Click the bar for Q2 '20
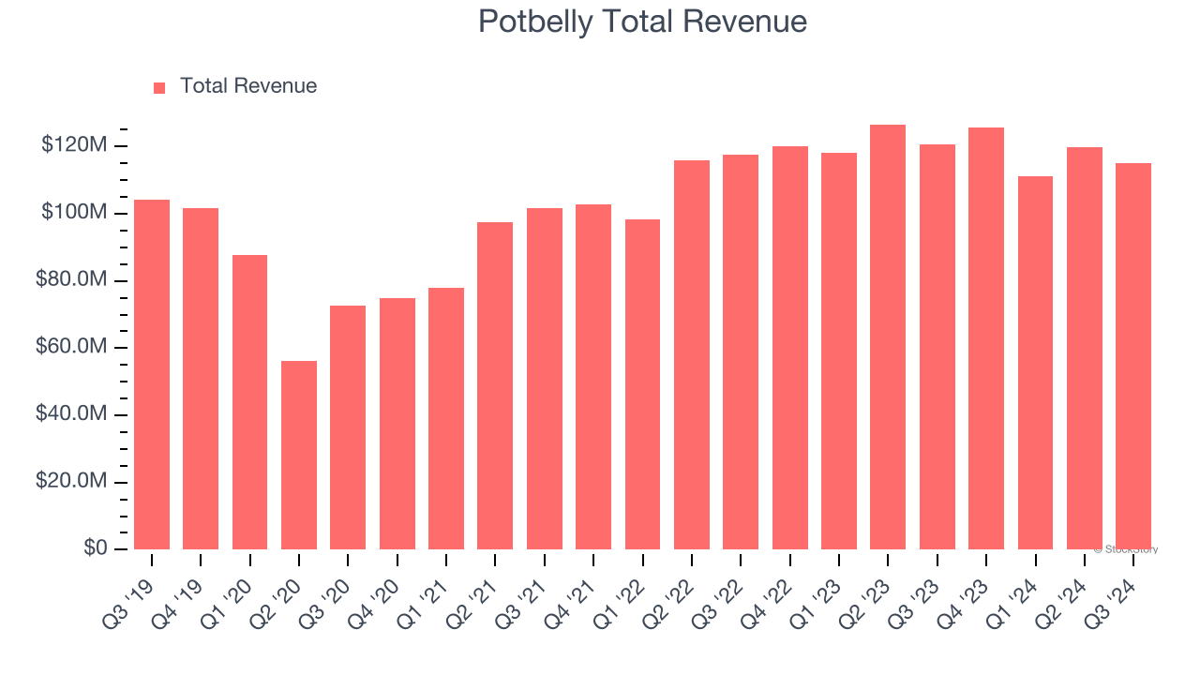pyautogui.click(x=299, y=455)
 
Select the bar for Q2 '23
pyautogui.click(x=888, y=337)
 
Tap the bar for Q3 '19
pyautogui.click(x=152, y=374)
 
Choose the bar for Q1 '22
pyautogui.click(x=642, y=383)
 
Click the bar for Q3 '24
pyautogui.click(x=1133, y=356)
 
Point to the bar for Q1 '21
pyautogui.click(x=446, y=418)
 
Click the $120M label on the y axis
pyautogui.click(x=74, y=145)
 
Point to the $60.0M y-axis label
pyautogui.click(x=71, y=347)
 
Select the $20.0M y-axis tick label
pyautogui.click(x=71, y=481)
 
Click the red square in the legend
pyautogui.click(x=159, y=87)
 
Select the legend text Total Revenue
pyautogui.click(x=248, y=86)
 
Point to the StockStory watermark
pyautogui.click(x=1126, y=549)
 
